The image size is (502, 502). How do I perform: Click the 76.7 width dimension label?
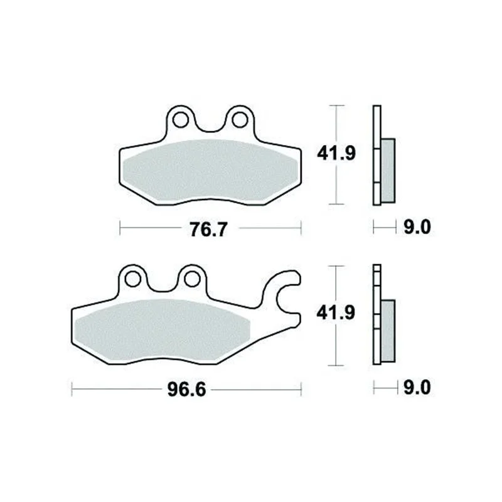[208, 229]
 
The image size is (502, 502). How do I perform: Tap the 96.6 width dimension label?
[186, 390]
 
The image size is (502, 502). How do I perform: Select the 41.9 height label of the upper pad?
[336, 153]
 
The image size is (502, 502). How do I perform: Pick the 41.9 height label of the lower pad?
[336, 312]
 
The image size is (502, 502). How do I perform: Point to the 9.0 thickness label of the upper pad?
[417, 227]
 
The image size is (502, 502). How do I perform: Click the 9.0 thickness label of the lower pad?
[417, 388]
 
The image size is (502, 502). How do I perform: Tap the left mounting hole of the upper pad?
[180, 120]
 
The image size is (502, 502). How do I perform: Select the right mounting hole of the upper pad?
[240, 120]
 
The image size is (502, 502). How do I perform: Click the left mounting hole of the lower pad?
[132, 279]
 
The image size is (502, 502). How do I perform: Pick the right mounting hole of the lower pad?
[193, 279]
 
